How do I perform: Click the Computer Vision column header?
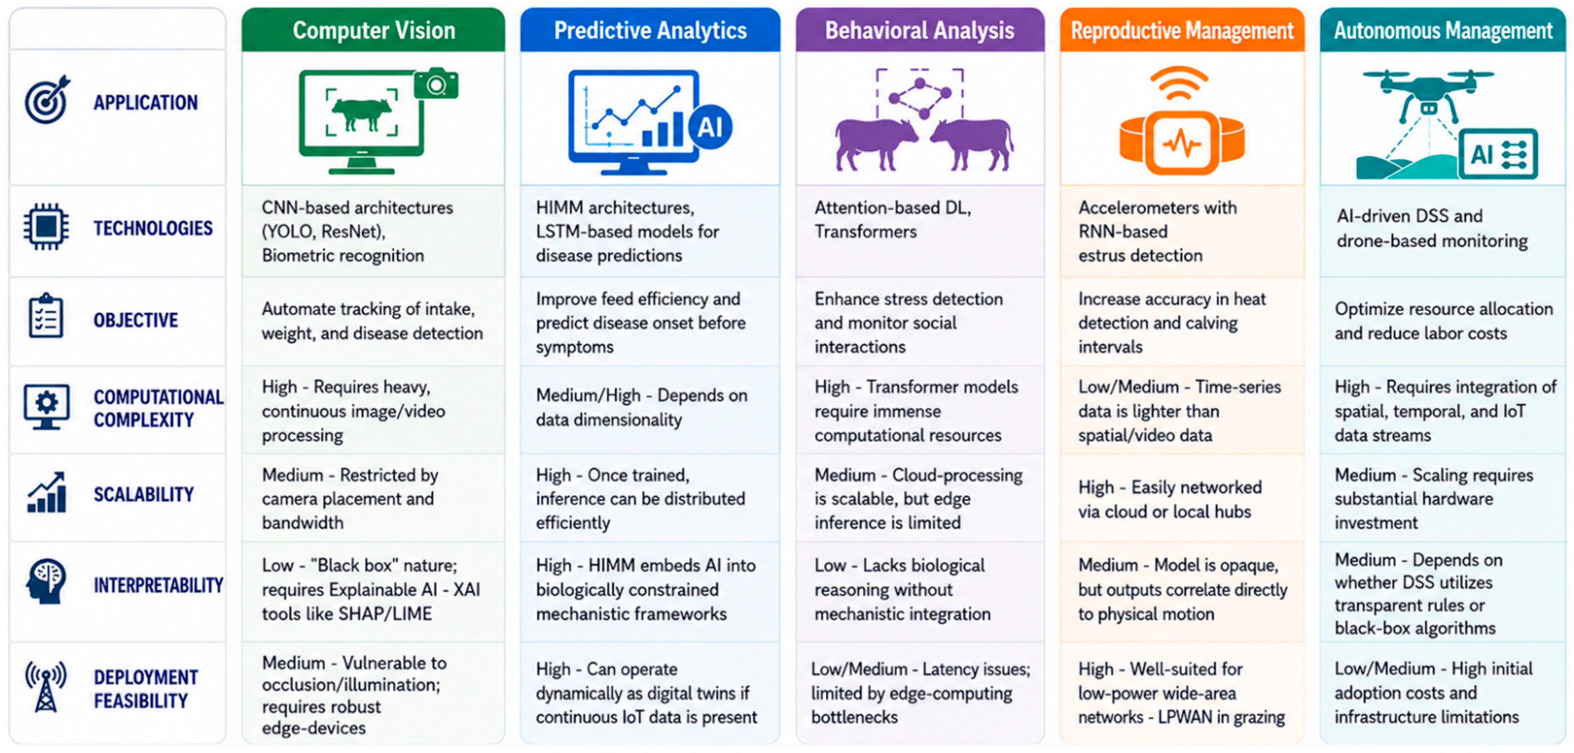(373, 30)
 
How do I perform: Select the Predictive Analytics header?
(650, 30)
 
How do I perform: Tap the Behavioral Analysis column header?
(920, 30)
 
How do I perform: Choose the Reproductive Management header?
(1182, 30)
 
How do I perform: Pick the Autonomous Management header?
(1443, 30)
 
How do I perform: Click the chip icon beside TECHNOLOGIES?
(46, 227)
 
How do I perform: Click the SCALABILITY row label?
(144, 494)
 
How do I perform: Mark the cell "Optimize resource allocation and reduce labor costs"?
(1443, 321)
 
